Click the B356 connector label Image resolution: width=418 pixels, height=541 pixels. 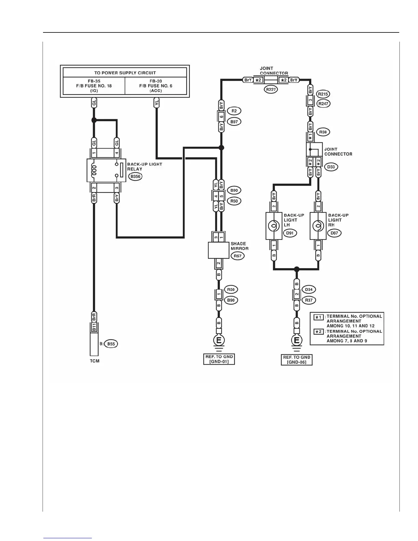click(136, 177)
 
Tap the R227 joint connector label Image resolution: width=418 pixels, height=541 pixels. click(271, 89)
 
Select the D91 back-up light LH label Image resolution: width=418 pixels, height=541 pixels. click(290, 233)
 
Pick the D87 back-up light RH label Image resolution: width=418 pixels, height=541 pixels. click(334, 233)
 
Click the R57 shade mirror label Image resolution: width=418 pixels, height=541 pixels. click(237, 256)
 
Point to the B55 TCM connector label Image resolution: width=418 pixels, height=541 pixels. click(111, 344)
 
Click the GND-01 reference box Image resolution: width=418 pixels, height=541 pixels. click(219, 359)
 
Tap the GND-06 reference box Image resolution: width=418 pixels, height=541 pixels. click(296, 360)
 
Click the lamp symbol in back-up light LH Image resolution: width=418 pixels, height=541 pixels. click(274, 226)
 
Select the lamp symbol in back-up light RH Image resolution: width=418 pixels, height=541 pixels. click(318, 226)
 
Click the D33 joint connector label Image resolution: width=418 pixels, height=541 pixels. click(331, 167)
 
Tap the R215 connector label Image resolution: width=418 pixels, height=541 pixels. click(323, 94)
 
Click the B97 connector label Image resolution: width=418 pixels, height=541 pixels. click(234, 122)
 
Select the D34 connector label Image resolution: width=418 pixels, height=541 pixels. click(309, 290)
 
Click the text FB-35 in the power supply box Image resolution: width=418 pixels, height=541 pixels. click(94, 81)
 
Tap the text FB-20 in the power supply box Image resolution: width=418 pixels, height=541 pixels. click(156, 81)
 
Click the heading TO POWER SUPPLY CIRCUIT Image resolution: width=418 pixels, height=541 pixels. click(125, 73)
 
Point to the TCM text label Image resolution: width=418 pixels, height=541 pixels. click(95, 361)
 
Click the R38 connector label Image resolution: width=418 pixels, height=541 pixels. click(323, 132)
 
